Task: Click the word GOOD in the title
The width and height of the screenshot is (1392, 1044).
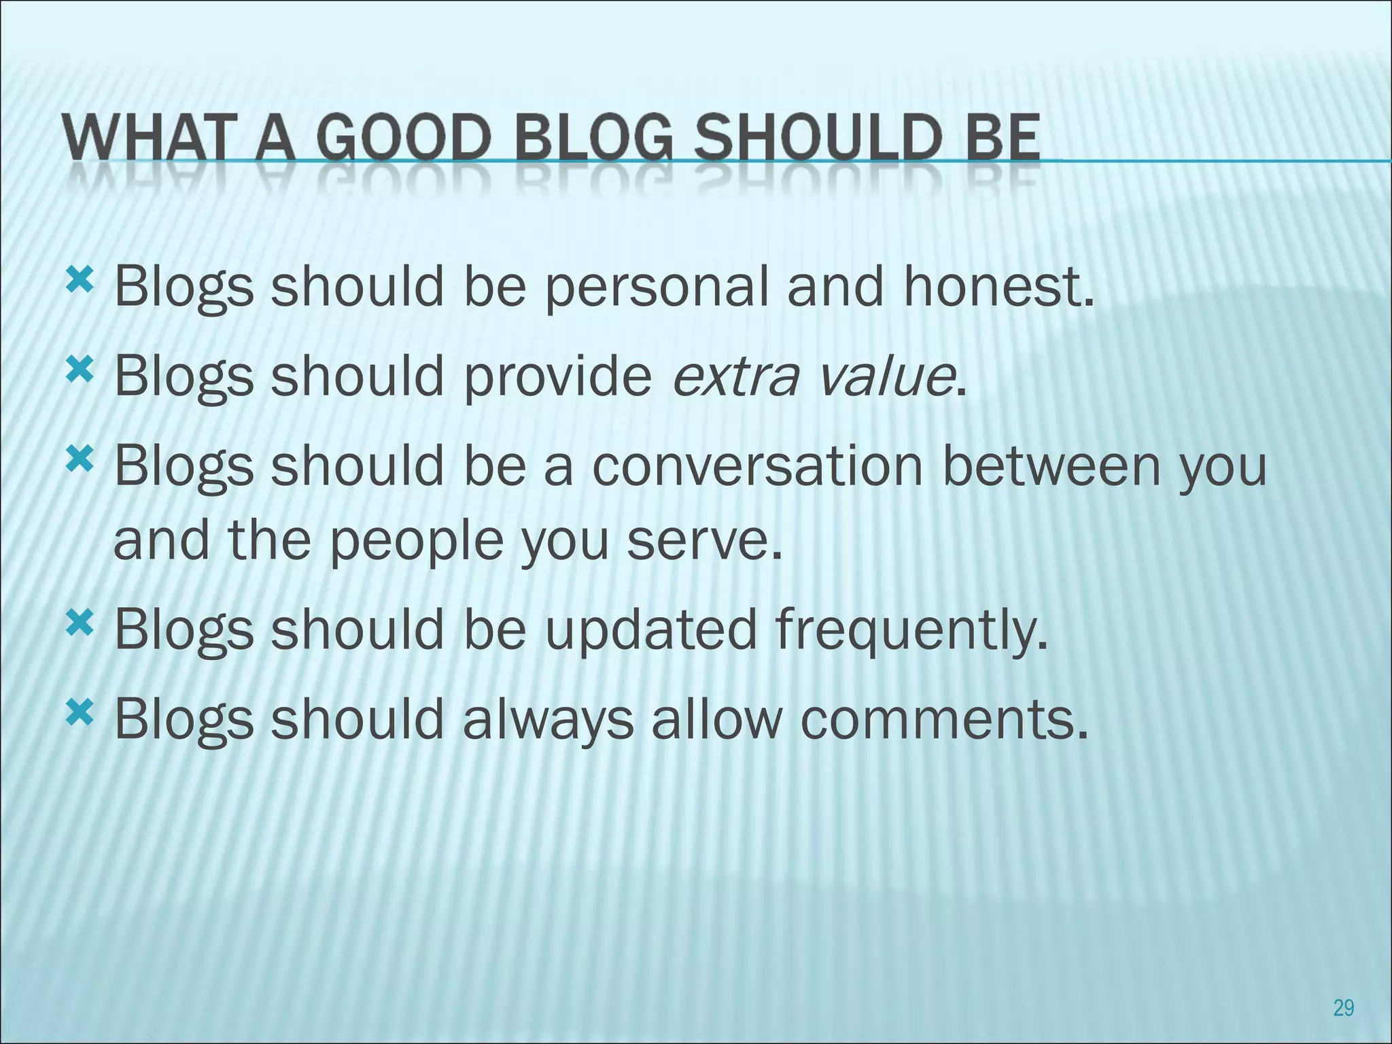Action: click(x=404, y=139)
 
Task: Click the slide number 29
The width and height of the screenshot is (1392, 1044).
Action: click(x=1343, y=1007)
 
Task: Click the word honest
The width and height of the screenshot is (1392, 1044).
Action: click(x=998, y=287)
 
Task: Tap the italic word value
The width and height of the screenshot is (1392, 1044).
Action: click(x=886, y=377)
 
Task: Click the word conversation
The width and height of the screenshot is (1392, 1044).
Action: click(x=757, y=468)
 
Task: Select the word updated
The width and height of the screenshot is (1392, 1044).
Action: click(x=650, y=629)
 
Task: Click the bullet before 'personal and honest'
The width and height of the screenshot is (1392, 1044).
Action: click(x=79, y=280)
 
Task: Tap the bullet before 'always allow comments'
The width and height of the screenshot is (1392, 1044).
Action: click(x=79, y=713)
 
